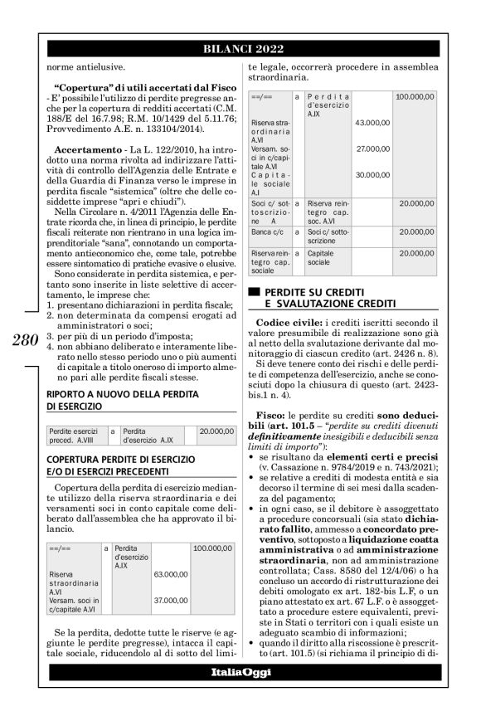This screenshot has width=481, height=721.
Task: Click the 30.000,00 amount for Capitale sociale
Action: pyautogui.click(x=372, y=175)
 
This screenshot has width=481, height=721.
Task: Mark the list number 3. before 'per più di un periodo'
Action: pyautogui.click(x=51, y=336)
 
